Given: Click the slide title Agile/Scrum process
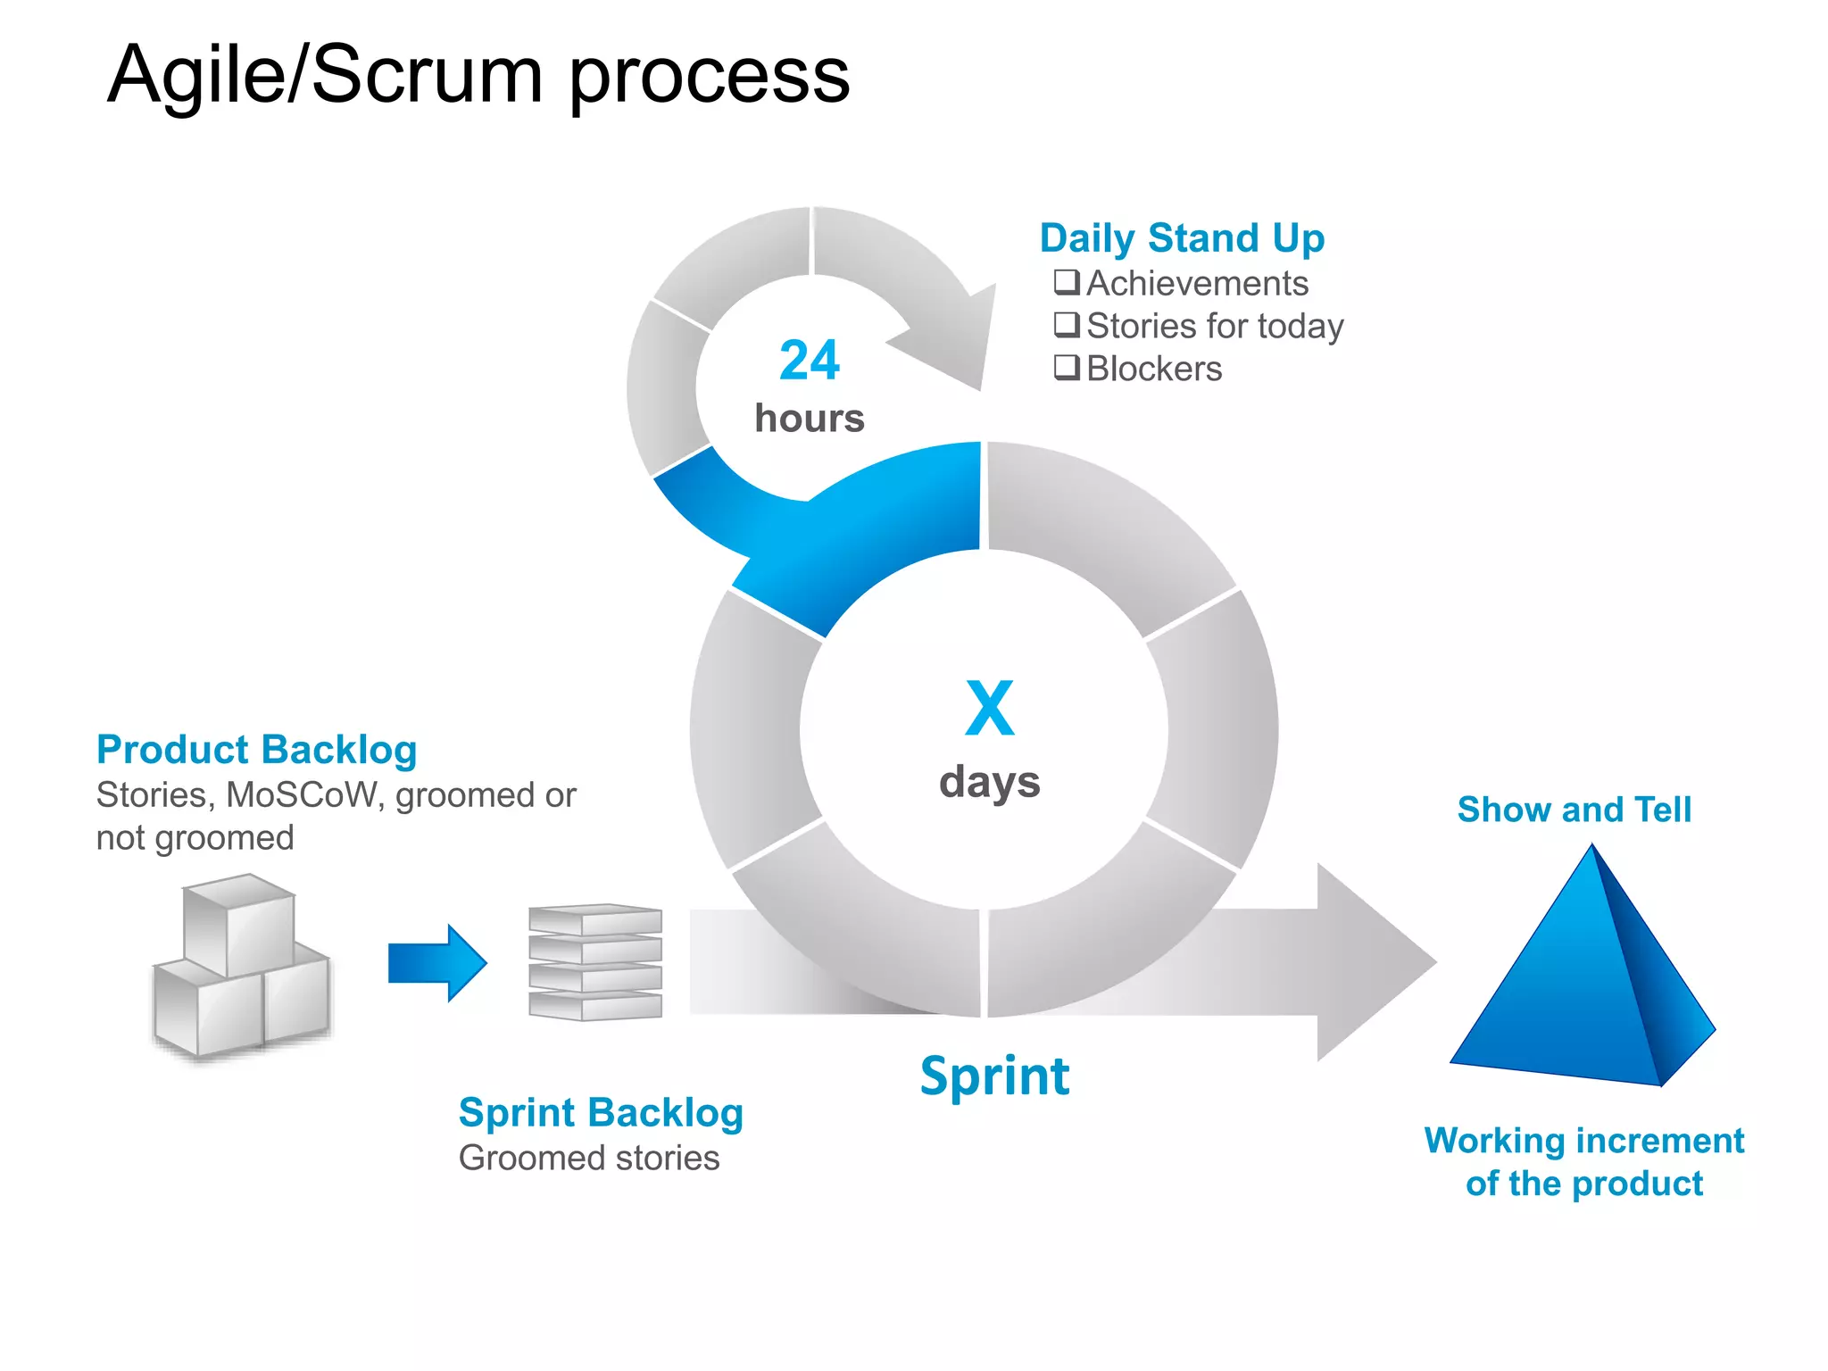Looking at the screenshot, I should pyautogui.click(x=478, y=75).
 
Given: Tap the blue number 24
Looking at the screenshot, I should pyautogui.click(x=809, y=361).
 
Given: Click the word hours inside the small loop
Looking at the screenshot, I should pyautogui.click(x=809, y=418).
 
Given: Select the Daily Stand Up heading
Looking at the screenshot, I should pyautogui.click(x=1182, y=238).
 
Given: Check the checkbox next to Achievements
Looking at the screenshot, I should pyautogui.click(x=1067, y=282).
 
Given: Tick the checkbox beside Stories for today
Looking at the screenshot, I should pyautogui.click(x=1067, y=325).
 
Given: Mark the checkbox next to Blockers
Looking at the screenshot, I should pyautogui.click(x=1067, y=367).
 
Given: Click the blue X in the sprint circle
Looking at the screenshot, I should pyautogui.click(x=989, y=708).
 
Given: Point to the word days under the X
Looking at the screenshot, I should pyautogui.click(x=989, y=782).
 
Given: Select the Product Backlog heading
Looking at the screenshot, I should pyautogui.click(x=256, y=750).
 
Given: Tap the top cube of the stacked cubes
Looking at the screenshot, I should pyautogui.click(x=239, y=924).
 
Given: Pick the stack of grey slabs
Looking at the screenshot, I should pyautogui.click(x=595, y=962).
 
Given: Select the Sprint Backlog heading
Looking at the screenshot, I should pyautogui.click(x=601, y=1113).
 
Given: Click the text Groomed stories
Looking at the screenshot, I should pyautogui.click(x=589, y=1158).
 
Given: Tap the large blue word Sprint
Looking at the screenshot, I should pyautogui.click(x=994, y=1076).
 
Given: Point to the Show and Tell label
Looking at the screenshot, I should pyautogui.click(x=1574, y=810).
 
